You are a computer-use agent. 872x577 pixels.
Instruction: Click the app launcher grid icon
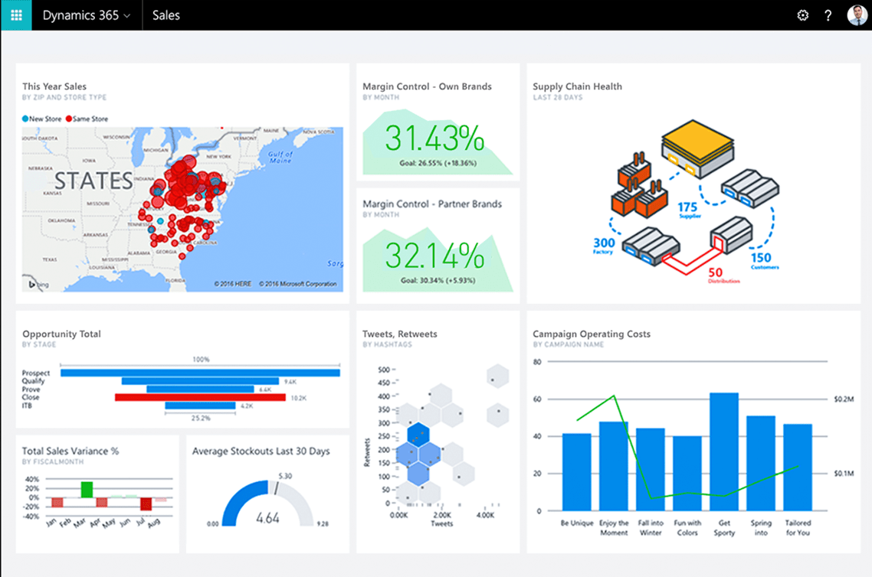click(x=16, y=15)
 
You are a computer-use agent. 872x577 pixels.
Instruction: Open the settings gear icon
click(x=802, y=15)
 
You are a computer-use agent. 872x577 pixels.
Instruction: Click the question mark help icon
click(x=828, y=15)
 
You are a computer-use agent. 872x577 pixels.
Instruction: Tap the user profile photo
click(x=857, y=15)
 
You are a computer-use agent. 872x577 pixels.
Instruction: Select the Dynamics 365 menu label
click(x=86, y=15)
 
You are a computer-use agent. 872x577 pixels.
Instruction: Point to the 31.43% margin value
click(x=434, y=139)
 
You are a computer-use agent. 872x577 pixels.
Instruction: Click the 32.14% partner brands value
click(x=434, y=255)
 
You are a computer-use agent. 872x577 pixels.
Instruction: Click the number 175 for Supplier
click(x=687, y=207)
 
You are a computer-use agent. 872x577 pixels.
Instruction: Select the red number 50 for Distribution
click(x=715, y=272)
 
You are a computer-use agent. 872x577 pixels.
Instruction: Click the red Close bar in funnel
click(x=200, y=397)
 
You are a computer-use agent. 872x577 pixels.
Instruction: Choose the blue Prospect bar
click(x=200, y=373)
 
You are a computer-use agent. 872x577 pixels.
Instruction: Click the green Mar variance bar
click(x=87, y=489)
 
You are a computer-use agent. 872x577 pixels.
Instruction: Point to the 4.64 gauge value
click(x=267, y=518)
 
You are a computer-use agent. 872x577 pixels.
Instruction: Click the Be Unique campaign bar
click(x=576, y=471)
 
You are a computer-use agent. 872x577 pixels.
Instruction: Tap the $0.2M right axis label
click(x=844, y=399)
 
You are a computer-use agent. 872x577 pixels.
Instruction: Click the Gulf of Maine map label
click(x=280, y=158)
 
